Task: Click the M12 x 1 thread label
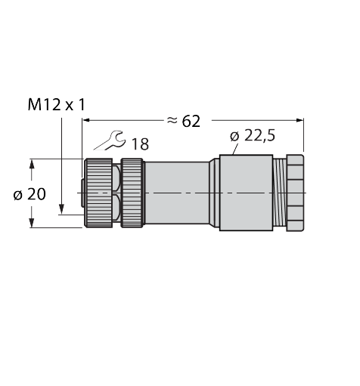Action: (57, 105)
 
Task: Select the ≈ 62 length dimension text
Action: (184, 121)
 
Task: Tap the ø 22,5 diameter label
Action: (253, 136)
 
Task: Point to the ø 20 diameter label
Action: (29, 194)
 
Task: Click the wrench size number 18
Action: (140, 144)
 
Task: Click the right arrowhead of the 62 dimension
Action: (300, 120)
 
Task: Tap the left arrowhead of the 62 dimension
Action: (86, 120)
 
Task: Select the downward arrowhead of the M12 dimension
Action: (61, 209)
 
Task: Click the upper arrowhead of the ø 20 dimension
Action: (32, 164)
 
